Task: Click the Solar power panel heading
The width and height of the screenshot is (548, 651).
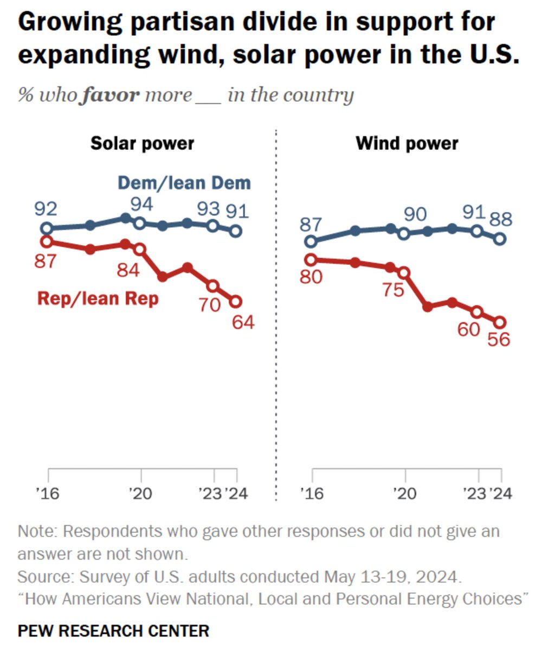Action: pyautogui.click(x=142, y=143)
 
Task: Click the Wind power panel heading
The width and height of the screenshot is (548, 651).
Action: pyautogui.click(x=407, y=143)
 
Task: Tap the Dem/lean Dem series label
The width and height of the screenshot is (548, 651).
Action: pyautogui.click(x=184, y=183)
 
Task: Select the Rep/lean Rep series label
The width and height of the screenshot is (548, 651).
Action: pyautogui.click(x=98, y=298)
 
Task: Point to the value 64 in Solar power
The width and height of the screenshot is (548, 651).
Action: pyautogui.click(x=243, y=322)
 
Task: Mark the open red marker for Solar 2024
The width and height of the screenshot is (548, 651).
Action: pyautogui.click(x=236, y=301)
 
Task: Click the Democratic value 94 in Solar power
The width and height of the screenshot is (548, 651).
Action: pyautogui.click(x=141, y=205)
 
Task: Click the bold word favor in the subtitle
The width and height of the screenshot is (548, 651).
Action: pyautogui.click(x=110, y=95)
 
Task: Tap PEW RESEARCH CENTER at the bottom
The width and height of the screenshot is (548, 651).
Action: pyautogui.click(x=113, y=631)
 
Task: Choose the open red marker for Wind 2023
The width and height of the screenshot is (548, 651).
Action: pyautogui.click(x=477, y=312)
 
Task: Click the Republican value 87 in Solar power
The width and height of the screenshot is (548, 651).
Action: pyautogui.click(x=46, y=261)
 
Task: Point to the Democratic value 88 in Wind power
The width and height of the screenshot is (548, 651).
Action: pyautogui.click(x=499, y=220)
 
